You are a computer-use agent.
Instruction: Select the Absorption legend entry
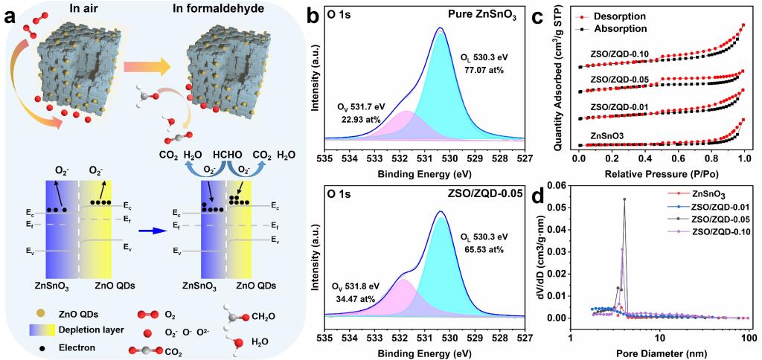[634, 28]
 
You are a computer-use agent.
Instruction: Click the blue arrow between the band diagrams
[160, 231]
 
